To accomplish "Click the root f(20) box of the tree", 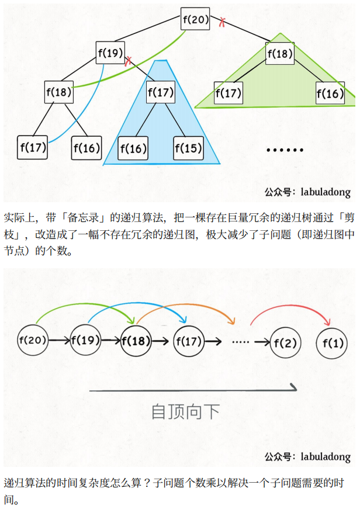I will (195, 19).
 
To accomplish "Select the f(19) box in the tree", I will (110, 54).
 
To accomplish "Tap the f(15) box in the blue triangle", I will (188, 148).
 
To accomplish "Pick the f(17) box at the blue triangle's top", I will (161, 92).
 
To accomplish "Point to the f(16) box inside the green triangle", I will (330, 94).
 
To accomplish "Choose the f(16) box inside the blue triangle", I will (133, 148).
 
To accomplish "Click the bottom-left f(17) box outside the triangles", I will (33, 147).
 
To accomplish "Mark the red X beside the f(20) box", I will (222, 23).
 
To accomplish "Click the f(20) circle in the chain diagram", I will (33, 340).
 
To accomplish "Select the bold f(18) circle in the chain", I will (136, 340).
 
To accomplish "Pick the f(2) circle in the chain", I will (286, 341).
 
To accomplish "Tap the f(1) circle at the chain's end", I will (331, 341).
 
